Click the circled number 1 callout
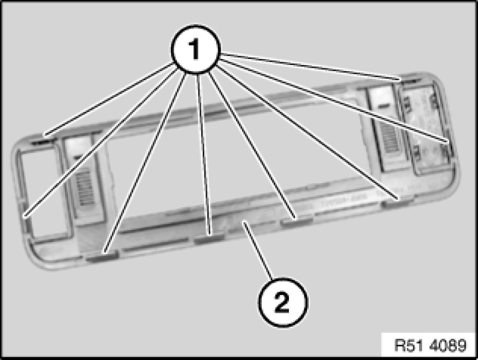(x=195, y=49)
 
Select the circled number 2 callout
(x=283, y=302)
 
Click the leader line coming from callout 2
(x=258, y=251)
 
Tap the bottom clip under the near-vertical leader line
(x=209, y=238)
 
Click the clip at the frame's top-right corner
(x=410, y=80)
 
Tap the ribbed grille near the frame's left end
(x=85, y=187)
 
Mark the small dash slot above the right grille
(x=384, y=106)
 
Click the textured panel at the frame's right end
(x=427, y=128)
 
